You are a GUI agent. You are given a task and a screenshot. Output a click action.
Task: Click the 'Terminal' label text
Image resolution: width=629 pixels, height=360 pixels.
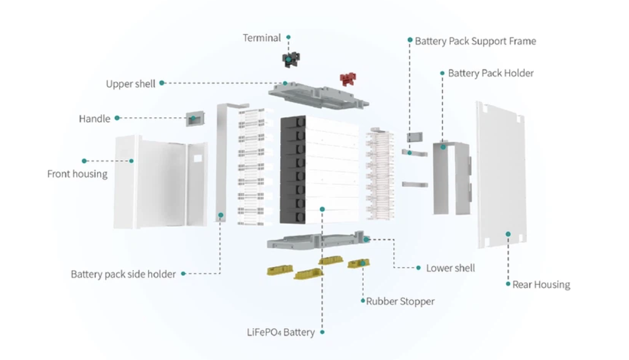[x=262, y=38]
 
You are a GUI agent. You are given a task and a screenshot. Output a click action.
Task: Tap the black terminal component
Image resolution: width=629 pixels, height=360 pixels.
[x=290, y=60]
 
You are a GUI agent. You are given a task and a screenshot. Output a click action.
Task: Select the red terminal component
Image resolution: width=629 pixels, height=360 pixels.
[x=348, y=78]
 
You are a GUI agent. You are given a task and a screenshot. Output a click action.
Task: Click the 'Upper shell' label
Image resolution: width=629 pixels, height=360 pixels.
[x=130, y=84]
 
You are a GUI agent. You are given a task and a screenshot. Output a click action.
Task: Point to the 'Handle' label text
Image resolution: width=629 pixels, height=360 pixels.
[x=95, y=119]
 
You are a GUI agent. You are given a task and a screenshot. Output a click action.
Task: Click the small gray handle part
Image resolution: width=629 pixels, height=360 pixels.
[x=194, y=119]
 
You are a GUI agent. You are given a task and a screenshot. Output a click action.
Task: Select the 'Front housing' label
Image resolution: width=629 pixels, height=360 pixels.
[x=77, y=174]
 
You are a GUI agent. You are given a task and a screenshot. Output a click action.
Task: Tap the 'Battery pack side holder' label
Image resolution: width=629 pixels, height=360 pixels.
[x=123, y=274]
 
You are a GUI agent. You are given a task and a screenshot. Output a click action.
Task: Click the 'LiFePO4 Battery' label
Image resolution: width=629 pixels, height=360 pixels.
[x=280, y=332]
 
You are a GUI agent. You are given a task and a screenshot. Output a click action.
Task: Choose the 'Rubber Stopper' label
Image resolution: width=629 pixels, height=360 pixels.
[x=400, y=301]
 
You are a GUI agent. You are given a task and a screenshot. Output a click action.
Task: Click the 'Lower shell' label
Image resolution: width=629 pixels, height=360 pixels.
[x=450, y=268]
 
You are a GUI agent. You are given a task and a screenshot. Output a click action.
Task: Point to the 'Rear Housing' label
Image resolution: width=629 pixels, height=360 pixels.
[x=541, y=284]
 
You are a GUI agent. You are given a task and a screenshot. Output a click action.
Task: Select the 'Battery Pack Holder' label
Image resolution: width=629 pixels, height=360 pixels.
[x=491, y=73]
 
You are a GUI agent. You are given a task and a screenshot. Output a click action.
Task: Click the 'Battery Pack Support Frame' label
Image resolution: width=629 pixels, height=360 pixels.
[x=475, y=41]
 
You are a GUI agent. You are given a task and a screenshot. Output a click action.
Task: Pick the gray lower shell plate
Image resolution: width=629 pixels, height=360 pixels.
[x=313, y=241]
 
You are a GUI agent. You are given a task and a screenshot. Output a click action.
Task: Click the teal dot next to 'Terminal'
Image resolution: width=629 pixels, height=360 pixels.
[x=288, y=37]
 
